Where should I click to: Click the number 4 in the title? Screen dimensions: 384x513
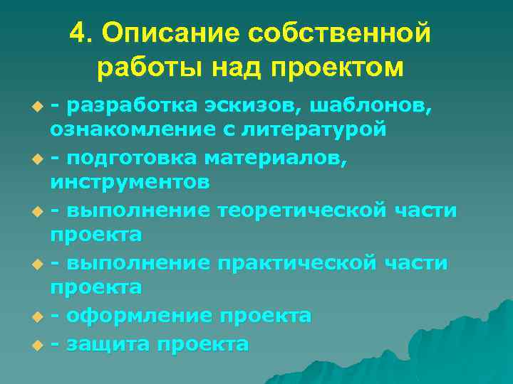[78, 33]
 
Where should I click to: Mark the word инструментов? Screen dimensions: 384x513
[130, 182]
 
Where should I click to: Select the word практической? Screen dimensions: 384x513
[296, 263]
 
